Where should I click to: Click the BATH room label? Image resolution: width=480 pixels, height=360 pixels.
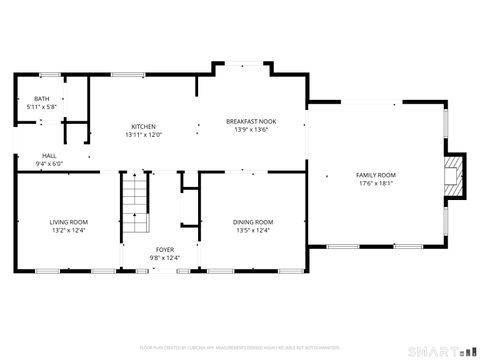coord(41,99)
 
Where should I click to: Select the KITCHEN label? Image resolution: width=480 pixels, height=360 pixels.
coord(143,126)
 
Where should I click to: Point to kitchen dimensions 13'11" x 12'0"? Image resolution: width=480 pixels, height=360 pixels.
coord(143,134)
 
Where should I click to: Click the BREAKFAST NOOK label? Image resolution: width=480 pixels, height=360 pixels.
coord(250,121)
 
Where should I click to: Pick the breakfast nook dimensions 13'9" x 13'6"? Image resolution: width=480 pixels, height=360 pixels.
coord(250,129)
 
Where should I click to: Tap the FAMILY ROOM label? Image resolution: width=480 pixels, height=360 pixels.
coord(376,175)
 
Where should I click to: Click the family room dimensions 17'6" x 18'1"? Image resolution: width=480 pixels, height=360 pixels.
coord(376,183)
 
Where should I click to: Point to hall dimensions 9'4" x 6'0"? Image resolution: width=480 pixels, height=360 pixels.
coord(49,164)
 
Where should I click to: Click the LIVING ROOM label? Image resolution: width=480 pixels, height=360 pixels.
coord(69,222)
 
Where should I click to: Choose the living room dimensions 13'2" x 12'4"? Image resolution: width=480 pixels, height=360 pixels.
coord(69,230)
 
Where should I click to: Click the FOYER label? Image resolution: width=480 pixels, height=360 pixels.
coord(164,250)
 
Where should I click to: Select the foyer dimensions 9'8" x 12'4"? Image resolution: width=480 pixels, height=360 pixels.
coord(164,258)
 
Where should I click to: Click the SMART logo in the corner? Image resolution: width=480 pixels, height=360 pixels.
coord(437,350)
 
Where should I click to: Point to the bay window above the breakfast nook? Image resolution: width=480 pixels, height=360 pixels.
coord(241,66)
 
